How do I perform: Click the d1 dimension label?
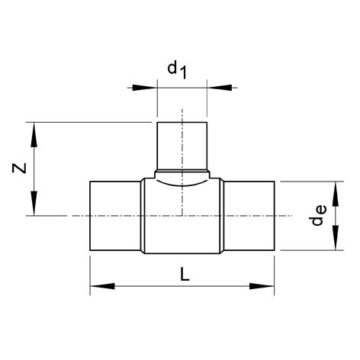[x=177, y=70]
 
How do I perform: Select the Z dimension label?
[x=19, y=168]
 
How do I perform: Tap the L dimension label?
[x=185, y=274]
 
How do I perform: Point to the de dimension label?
[x=319, y=216]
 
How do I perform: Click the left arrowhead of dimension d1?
[x=144, y=88]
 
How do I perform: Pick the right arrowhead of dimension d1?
[x=220, y=88]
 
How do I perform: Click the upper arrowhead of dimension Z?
[x=34, y=135]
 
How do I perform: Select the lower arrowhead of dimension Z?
[x=34, y=204]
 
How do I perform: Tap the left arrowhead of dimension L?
[x=102, y=286]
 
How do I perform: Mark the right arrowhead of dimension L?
[x=262, y=286]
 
